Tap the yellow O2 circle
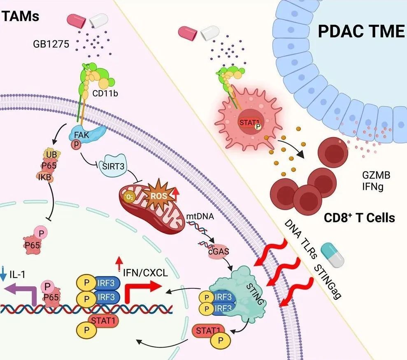coord(129,197)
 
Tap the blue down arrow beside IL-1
coord(4,273)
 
